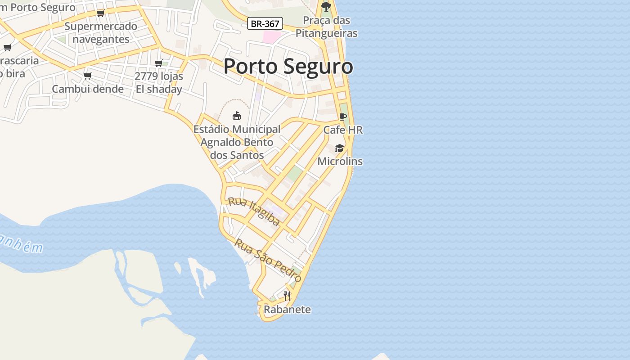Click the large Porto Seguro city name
288,67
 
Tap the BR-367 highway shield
265,24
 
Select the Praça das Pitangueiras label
326,27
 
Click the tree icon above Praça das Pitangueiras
326,7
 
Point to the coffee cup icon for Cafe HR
343,117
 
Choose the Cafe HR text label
343,130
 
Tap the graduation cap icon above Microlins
339,148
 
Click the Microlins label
340,161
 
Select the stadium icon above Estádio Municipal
237,116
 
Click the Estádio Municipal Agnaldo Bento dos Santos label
237,142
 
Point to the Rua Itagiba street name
254,211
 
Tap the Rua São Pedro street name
268,261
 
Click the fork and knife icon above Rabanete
287,296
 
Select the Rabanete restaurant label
287,310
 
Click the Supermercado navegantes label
101,32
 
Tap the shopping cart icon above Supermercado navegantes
101,13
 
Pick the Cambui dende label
88,89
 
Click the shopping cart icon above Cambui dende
88,76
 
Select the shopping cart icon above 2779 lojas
158,63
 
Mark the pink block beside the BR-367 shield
271,37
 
